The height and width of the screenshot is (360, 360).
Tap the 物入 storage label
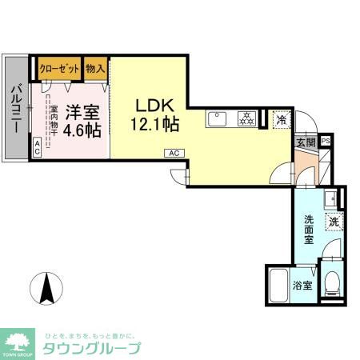(x=96, y=68)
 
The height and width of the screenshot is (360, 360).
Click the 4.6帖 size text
(x=82, y=129)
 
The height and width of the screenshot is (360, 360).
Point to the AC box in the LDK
(x=173, y=152)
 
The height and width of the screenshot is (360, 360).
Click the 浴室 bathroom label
(x=302, y=285)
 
